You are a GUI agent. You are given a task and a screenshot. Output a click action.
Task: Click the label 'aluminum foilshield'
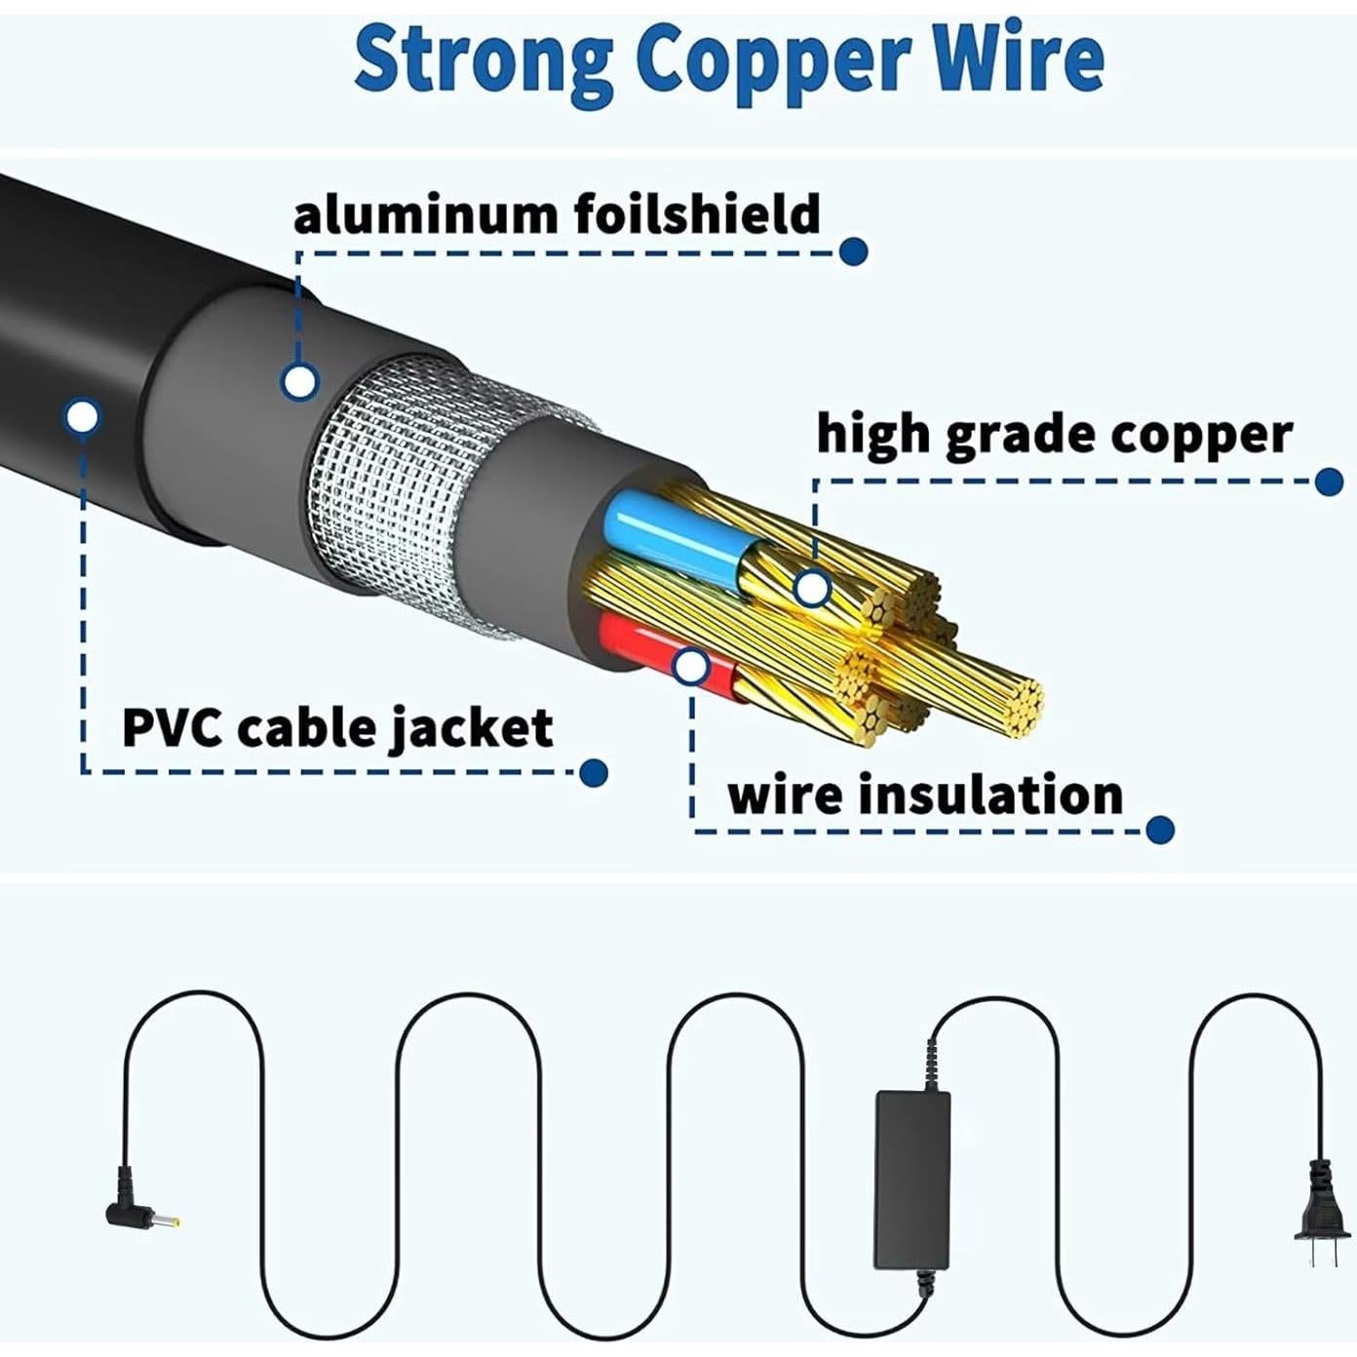coord(557,213)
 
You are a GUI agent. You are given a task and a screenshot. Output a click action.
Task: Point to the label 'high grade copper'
coord(1054,434)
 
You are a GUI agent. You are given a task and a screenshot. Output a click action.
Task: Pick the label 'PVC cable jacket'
coord(337,727)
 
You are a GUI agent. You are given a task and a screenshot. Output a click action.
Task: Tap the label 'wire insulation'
coord(925,795)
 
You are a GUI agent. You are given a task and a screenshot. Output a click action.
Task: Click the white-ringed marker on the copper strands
coord(812,589)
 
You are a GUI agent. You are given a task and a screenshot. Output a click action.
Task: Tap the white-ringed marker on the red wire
coord(691,667)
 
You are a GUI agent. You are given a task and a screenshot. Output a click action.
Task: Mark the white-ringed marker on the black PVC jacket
coord(83,417)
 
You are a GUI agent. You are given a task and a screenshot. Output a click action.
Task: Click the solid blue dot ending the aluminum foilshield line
coord(854,252)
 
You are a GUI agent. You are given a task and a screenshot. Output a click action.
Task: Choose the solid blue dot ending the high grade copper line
coord(1329,481)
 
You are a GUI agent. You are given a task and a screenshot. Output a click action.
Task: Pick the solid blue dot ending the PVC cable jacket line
coord(594,773)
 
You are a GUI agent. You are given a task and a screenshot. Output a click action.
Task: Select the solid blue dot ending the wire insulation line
coord(1159,830)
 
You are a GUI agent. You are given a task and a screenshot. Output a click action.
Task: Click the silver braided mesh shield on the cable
coord(390,487)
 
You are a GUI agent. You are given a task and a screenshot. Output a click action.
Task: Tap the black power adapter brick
coord(912,1179)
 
